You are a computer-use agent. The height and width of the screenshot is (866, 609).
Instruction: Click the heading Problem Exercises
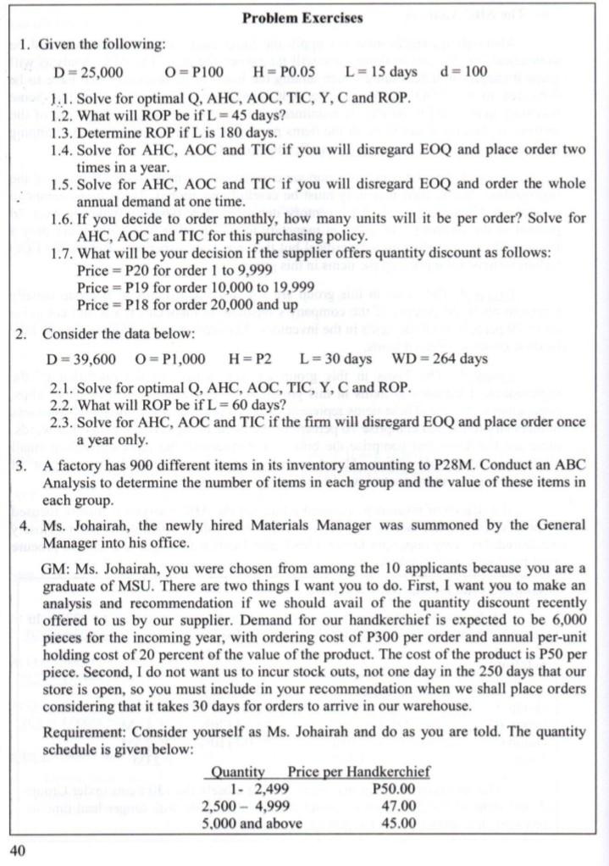pos(302,18)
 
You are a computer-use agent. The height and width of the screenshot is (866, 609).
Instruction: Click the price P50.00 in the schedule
pos(393,789)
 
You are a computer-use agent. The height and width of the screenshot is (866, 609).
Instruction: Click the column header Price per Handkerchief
pos(358,772)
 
